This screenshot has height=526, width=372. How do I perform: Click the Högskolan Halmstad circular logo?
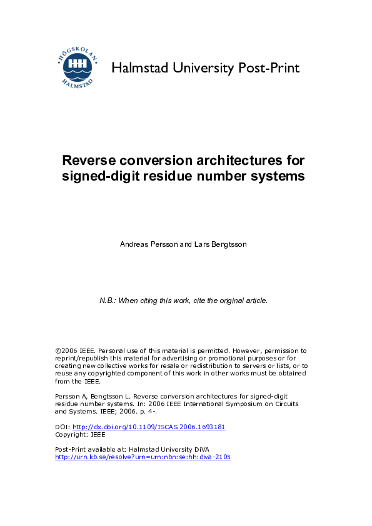pyautogui.click(x=76, y=67)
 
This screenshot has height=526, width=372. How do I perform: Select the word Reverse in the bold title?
pyautogui.click(x=86, y=160)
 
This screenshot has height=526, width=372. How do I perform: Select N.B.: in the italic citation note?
pyautogui.click(x=109, y=300)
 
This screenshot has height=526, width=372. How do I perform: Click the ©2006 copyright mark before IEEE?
pyautogui.click(x=66, y=351)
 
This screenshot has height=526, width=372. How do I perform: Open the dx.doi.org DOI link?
pyautogui.click(x=149, y=427)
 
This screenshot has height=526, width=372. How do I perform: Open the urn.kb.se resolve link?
pyautogui.click(x=143, y=457)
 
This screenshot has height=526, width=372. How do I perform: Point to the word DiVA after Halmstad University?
pyautogui.click(x=201, y=450)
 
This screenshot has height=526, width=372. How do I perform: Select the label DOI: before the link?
pyautogui.click(x=63, y=427)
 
